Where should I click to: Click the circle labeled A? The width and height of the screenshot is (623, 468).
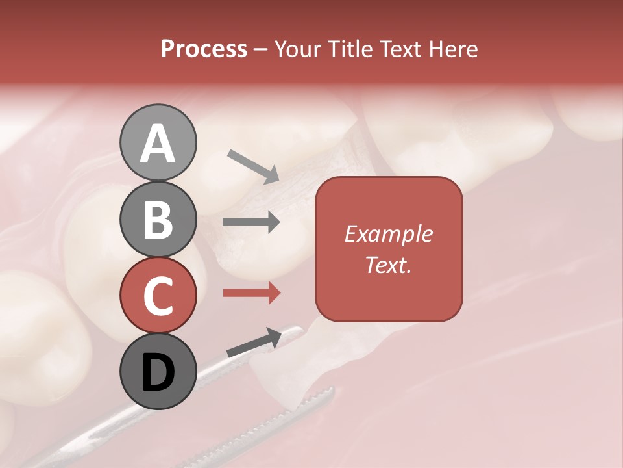tap(158, 142)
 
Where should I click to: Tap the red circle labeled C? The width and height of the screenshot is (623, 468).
tap(158, 295)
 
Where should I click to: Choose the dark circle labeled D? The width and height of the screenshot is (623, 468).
tap(158, 371)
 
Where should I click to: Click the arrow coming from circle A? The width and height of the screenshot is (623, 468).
tap(252, 166)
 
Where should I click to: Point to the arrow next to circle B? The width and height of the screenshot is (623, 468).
tap(251, 222)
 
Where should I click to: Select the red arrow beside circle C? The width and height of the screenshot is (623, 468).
tap(251, 292)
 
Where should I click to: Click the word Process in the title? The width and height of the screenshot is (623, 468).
tap(204, 49)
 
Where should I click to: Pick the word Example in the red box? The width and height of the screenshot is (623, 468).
tap(388, 234)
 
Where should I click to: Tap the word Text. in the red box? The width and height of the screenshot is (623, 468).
tap(388, 265)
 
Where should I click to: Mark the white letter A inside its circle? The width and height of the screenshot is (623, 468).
tap(158, 144)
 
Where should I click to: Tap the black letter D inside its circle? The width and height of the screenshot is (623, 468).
tap(158, 372)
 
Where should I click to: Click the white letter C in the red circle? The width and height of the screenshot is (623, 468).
tap(158, 296)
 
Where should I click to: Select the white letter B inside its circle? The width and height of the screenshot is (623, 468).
tap(158, 220)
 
